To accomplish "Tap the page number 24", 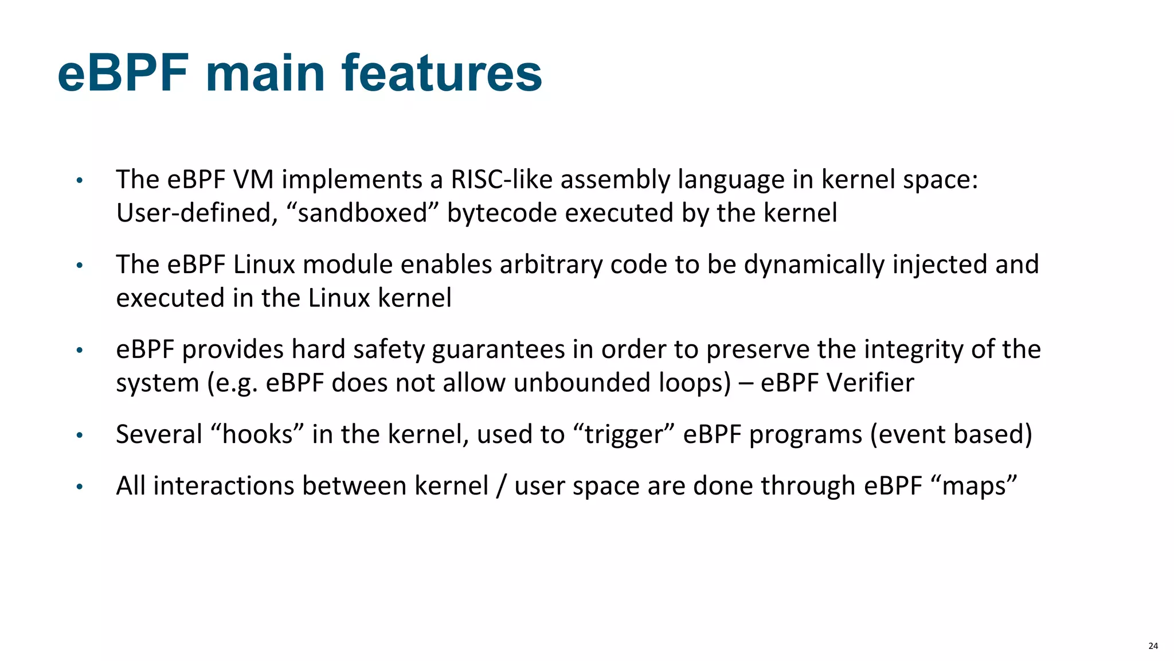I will click(x=1153, y=646).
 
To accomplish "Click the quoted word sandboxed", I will click(x=363, y=213).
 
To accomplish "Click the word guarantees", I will click(x=498, y=350).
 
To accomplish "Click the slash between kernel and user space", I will click(x=502, y=487).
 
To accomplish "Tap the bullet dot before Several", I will click(x=80, y=436).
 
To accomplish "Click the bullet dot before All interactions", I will click(x=80, y=487).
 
